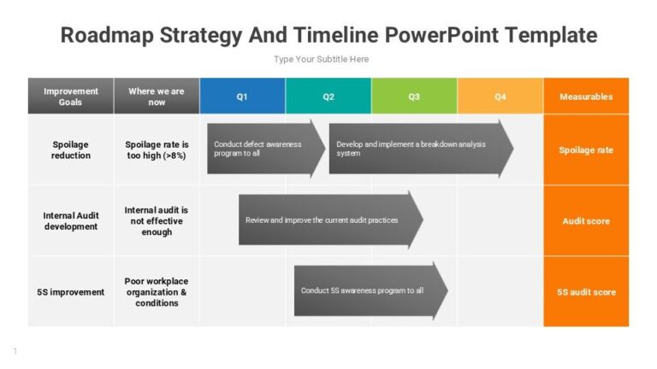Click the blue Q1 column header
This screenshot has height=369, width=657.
(242, 97)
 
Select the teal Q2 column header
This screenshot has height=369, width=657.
(328, 97)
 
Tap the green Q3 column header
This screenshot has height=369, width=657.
(414, 97)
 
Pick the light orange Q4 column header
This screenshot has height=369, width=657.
(500, 97)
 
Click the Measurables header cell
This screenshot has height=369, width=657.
(586, 97)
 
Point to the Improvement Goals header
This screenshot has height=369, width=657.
(71, 97)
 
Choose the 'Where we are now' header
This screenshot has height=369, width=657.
(157, 97)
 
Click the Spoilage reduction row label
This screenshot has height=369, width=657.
(71, 150)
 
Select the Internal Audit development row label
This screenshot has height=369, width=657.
(71, 221)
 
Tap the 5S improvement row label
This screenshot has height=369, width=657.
(71, 292)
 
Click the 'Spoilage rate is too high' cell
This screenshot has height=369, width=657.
(157, 150)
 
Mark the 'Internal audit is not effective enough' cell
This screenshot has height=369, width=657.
(157, 220)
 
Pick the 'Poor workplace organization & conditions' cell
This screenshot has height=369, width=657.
(157, 292)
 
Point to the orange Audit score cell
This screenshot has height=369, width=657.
(586, 221)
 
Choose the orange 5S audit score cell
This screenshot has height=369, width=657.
(586, 292)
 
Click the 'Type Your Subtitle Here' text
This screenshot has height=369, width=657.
(321, 59)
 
